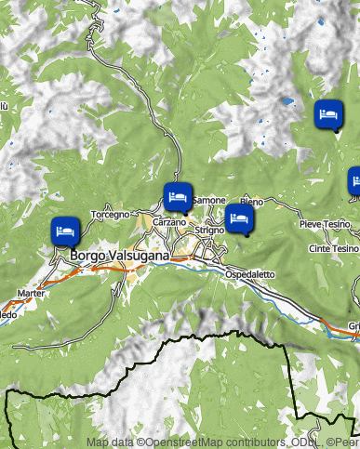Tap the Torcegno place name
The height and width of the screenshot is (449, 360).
pyautogui.click(x=110, y=215)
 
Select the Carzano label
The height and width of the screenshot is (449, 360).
pyautogui.click(x=169, y=223)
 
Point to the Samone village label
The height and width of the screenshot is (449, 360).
pyautogui.click(x=209, y=201)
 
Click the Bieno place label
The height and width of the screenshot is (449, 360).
pyautogui.click(x=251, y=202)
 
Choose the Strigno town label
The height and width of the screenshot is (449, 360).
pyautogui.click(x=210, y=230)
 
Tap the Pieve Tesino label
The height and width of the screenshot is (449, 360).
pyautogui.click(x=324, y=225)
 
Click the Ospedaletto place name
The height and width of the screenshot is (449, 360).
pyautogui.click(x=250, y=274)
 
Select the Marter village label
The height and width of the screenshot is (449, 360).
pyautogui.click(x=31, y=293)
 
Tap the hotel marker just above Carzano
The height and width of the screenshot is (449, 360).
pyautogui.click(x=178, y=196)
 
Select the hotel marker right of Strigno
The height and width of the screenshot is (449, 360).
pyautogui.click(x=240, y=218)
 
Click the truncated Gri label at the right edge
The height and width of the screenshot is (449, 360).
pyautogui.click(x=353, y=325)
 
